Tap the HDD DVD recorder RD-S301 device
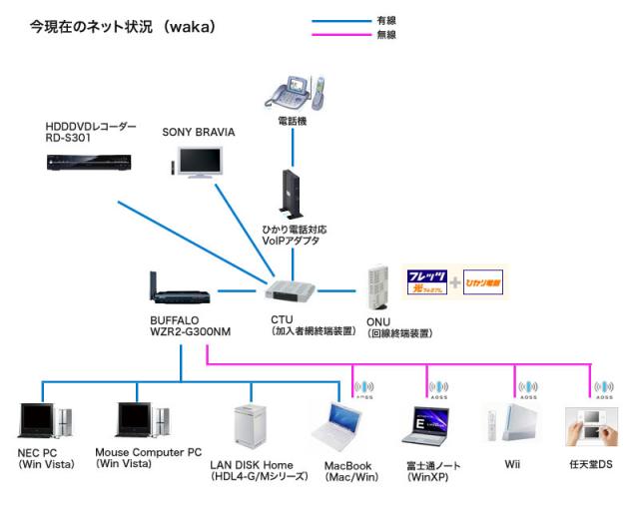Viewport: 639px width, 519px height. point(89,158)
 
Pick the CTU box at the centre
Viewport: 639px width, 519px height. point(292,291)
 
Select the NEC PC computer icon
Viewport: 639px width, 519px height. point(44,423)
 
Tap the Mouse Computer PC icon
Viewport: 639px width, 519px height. point(141,423)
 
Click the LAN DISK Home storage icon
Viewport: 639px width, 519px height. point(248,428)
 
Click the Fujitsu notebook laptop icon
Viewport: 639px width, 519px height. point(430,427)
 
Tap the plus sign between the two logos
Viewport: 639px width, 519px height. point(455,282)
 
